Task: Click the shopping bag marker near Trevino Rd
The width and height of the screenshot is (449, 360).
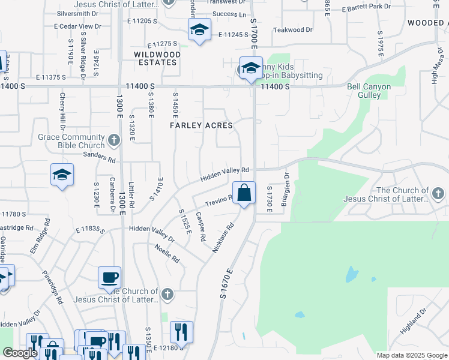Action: [x=244, y=193]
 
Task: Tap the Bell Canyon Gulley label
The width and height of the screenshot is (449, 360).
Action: [x=369, y=91]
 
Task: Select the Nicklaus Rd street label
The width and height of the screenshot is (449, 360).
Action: [x=222, y=238]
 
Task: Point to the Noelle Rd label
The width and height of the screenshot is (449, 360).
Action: [x=167, y=253]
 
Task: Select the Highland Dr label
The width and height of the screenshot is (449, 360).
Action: [x=414, y=322]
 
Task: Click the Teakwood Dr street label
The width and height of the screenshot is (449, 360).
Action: [x=292, y=29]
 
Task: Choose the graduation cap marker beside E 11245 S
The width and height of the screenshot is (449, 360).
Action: [x=199, y=30]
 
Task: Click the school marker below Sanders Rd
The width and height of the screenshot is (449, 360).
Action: [x=62, y=175]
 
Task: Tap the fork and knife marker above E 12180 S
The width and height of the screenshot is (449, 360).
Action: [x=181, y=332]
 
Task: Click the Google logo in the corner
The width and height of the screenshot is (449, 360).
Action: [x=20, y=352]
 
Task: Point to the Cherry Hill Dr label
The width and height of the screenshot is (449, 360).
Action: [x=62, y=111]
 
